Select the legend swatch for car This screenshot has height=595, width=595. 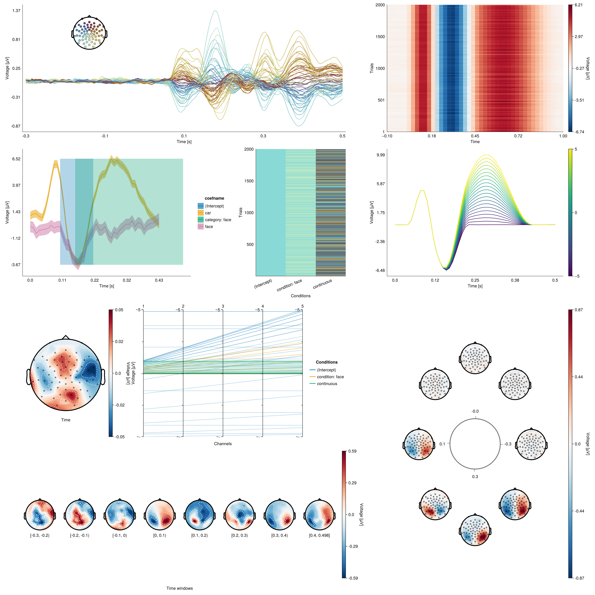(201, 213)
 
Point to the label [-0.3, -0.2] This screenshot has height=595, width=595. (40, 535)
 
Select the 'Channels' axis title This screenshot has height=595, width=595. (223, 443)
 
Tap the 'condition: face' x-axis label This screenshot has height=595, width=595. (289, 285)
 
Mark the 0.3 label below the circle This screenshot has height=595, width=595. (475, 476)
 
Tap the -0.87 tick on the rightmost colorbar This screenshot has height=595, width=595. (579, 578)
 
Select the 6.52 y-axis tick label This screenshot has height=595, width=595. (16, 159)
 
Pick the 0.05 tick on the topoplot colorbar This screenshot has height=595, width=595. (119, 310)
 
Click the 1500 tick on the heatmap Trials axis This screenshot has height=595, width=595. (380, 37)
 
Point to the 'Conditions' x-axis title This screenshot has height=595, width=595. (301, 296)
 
